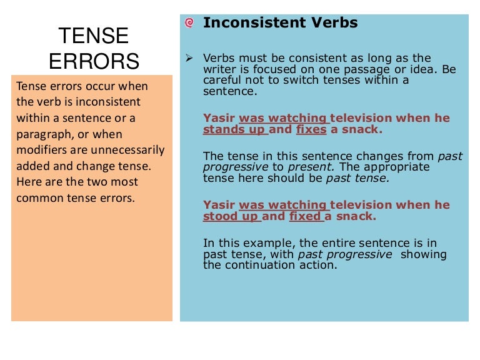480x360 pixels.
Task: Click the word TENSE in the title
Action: tap(94, 35)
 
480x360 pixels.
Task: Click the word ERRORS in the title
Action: tap(94, 61)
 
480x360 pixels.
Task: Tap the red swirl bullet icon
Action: tap(190, 23)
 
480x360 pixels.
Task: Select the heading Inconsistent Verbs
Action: tap(281, 23)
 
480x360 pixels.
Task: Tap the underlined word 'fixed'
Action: tap(306, 216)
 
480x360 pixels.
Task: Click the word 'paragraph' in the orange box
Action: tap(43, 134)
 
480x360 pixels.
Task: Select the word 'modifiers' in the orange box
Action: tap(42, 150)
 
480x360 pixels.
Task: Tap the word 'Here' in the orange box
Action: tap(29, 182)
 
